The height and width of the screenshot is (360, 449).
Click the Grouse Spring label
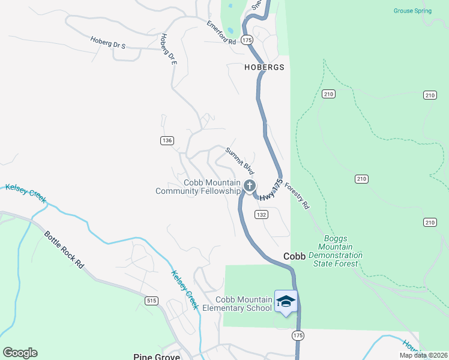(x=412, y=11)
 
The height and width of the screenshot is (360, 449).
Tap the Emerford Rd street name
(x=221, y=33)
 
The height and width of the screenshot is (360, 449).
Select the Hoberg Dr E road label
(x=169, y=49)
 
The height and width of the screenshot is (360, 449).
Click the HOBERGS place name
(x=264, y=68)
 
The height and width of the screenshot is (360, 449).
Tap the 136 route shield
(x=167, y=140)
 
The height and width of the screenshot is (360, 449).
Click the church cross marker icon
(x=249, y=186)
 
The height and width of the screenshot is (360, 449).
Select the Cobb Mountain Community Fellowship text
(x=198, y=187)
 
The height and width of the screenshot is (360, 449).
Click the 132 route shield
(x=261, y=214)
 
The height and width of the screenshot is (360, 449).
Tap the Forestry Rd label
(x=297, y=196)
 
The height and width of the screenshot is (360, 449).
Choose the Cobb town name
(x=295, y=256)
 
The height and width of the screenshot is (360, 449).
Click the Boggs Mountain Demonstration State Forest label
(x=336, y=251)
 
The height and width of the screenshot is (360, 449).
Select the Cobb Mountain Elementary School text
(x=237, y=304)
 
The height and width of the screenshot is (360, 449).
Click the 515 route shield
(x=151, y=299)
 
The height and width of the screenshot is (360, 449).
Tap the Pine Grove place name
(x=156, y=356)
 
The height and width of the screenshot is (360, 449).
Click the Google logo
(x=20, y=353)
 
